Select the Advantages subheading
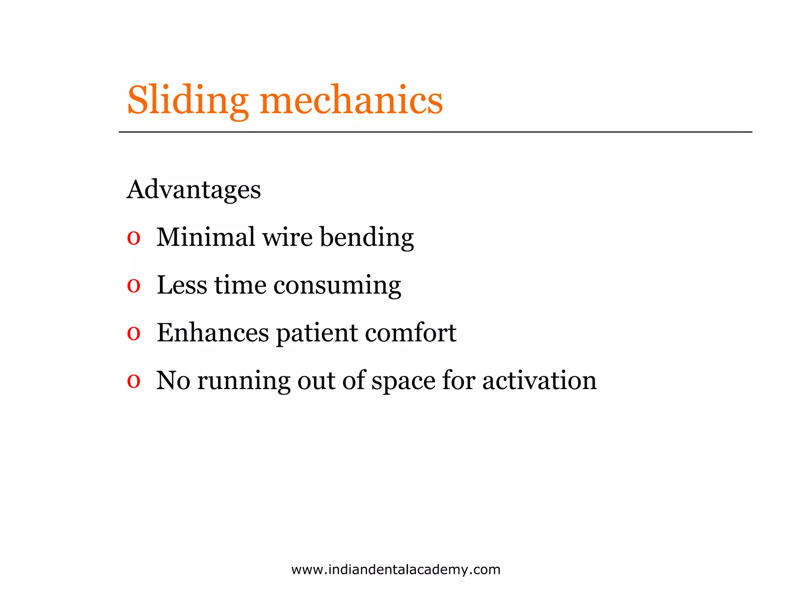(x=194, y=189)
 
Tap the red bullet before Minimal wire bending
(x=133, y=238)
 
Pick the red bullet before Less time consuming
(x=133, y=286)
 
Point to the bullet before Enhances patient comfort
(x=133, y=333)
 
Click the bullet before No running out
(x=133, y=381)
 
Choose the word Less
(x=182, y=285)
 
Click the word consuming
(x=337, y=286)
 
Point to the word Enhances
(x=213, y=333)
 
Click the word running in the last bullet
(x=244, y=381)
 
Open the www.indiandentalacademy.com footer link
(x=396, y=570)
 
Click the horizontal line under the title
(x=435, y=132)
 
